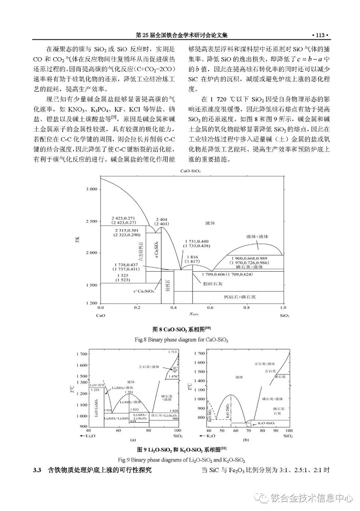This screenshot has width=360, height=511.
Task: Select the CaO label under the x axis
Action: tap(100, 314)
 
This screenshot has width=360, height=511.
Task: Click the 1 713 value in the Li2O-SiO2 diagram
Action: tap(172, 351)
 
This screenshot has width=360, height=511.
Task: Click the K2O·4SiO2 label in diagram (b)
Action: tap(263, 424)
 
